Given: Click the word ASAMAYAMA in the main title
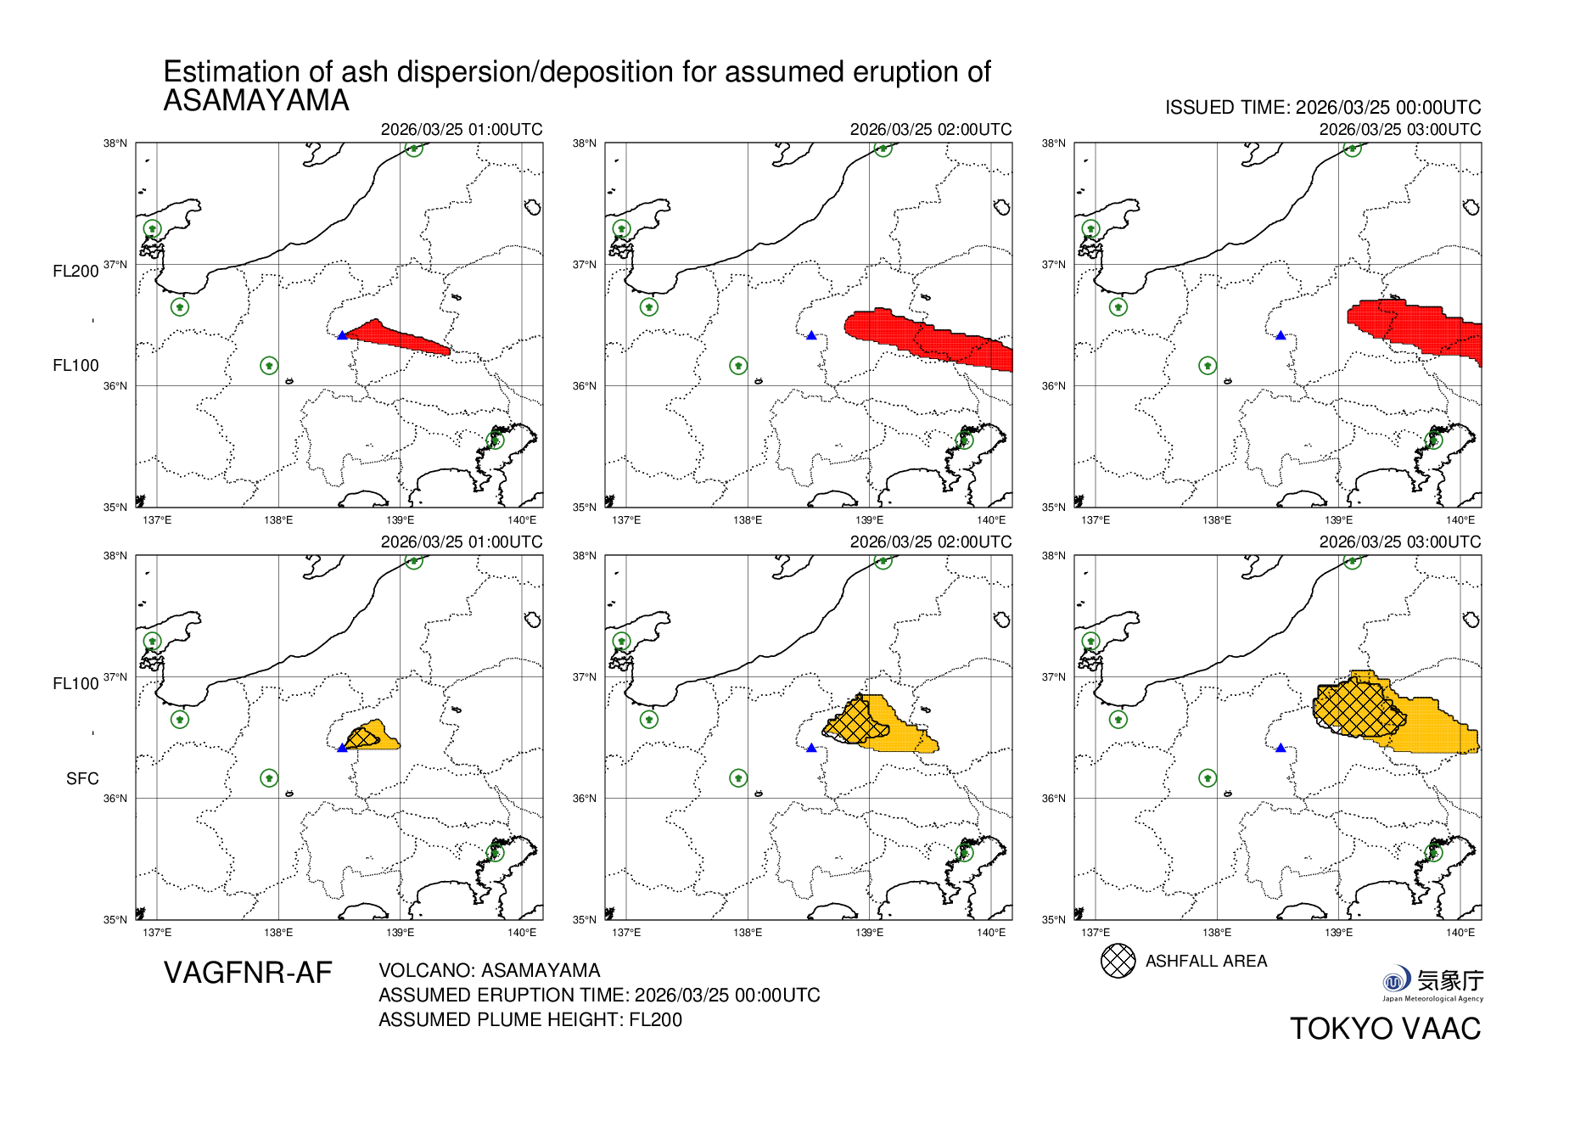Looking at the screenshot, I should click(256, 101).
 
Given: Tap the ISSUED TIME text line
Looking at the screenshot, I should click(1322, 108).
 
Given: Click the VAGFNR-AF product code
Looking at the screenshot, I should click(248, 973).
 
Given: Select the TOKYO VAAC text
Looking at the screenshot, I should click(1385, 1029).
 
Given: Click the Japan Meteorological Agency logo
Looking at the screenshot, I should click(1432, 984).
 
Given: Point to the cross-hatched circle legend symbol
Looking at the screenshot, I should click(1118, 961).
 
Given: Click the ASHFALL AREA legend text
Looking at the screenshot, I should click(1206, 961).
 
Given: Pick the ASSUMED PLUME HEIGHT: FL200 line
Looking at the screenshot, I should click(530, 1019).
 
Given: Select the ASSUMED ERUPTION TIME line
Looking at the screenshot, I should click(599, 995).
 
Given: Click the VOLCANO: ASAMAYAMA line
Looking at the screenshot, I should click(490, 970).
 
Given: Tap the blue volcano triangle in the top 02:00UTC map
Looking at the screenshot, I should click(811, 336).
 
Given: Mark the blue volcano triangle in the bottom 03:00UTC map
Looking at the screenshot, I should click(1281, 748).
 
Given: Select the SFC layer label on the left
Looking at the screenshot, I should click(82, 778).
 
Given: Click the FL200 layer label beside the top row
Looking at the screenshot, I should click(76, 272).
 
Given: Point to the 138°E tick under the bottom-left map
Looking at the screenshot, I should click(278, 933).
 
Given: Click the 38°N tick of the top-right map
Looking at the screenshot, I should click(1054, 143).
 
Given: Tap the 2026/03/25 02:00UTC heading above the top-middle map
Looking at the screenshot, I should click(930, 130).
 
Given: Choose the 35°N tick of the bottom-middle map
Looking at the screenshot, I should click(584, 920).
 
